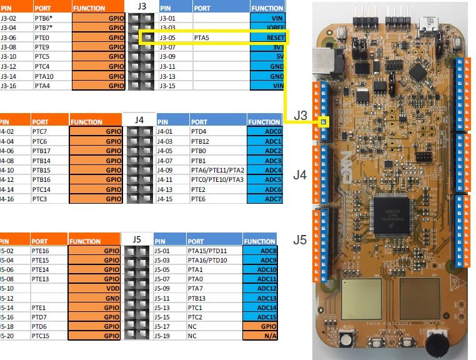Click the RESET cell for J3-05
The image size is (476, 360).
(x=267, y=37)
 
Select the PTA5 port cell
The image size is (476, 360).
(x=219, y=37)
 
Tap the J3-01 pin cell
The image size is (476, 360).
(x=174, y=18)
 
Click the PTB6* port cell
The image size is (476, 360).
(x=51, y=18)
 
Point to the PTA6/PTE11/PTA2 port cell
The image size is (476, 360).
(x=217, y=170)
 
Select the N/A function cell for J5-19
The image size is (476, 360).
(x=260, y=336)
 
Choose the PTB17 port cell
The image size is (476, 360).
(x=49, y=151)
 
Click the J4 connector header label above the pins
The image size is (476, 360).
(x=139, y=119)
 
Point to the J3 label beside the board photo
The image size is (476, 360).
(x=300, y=115)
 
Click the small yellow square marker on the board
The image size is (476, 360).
(x=324, y=122)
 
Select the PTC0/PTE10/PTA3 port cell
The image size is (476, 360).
(x=217, y=179)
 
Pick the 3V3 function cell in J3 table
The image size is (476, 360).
(x=267, y=47)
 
